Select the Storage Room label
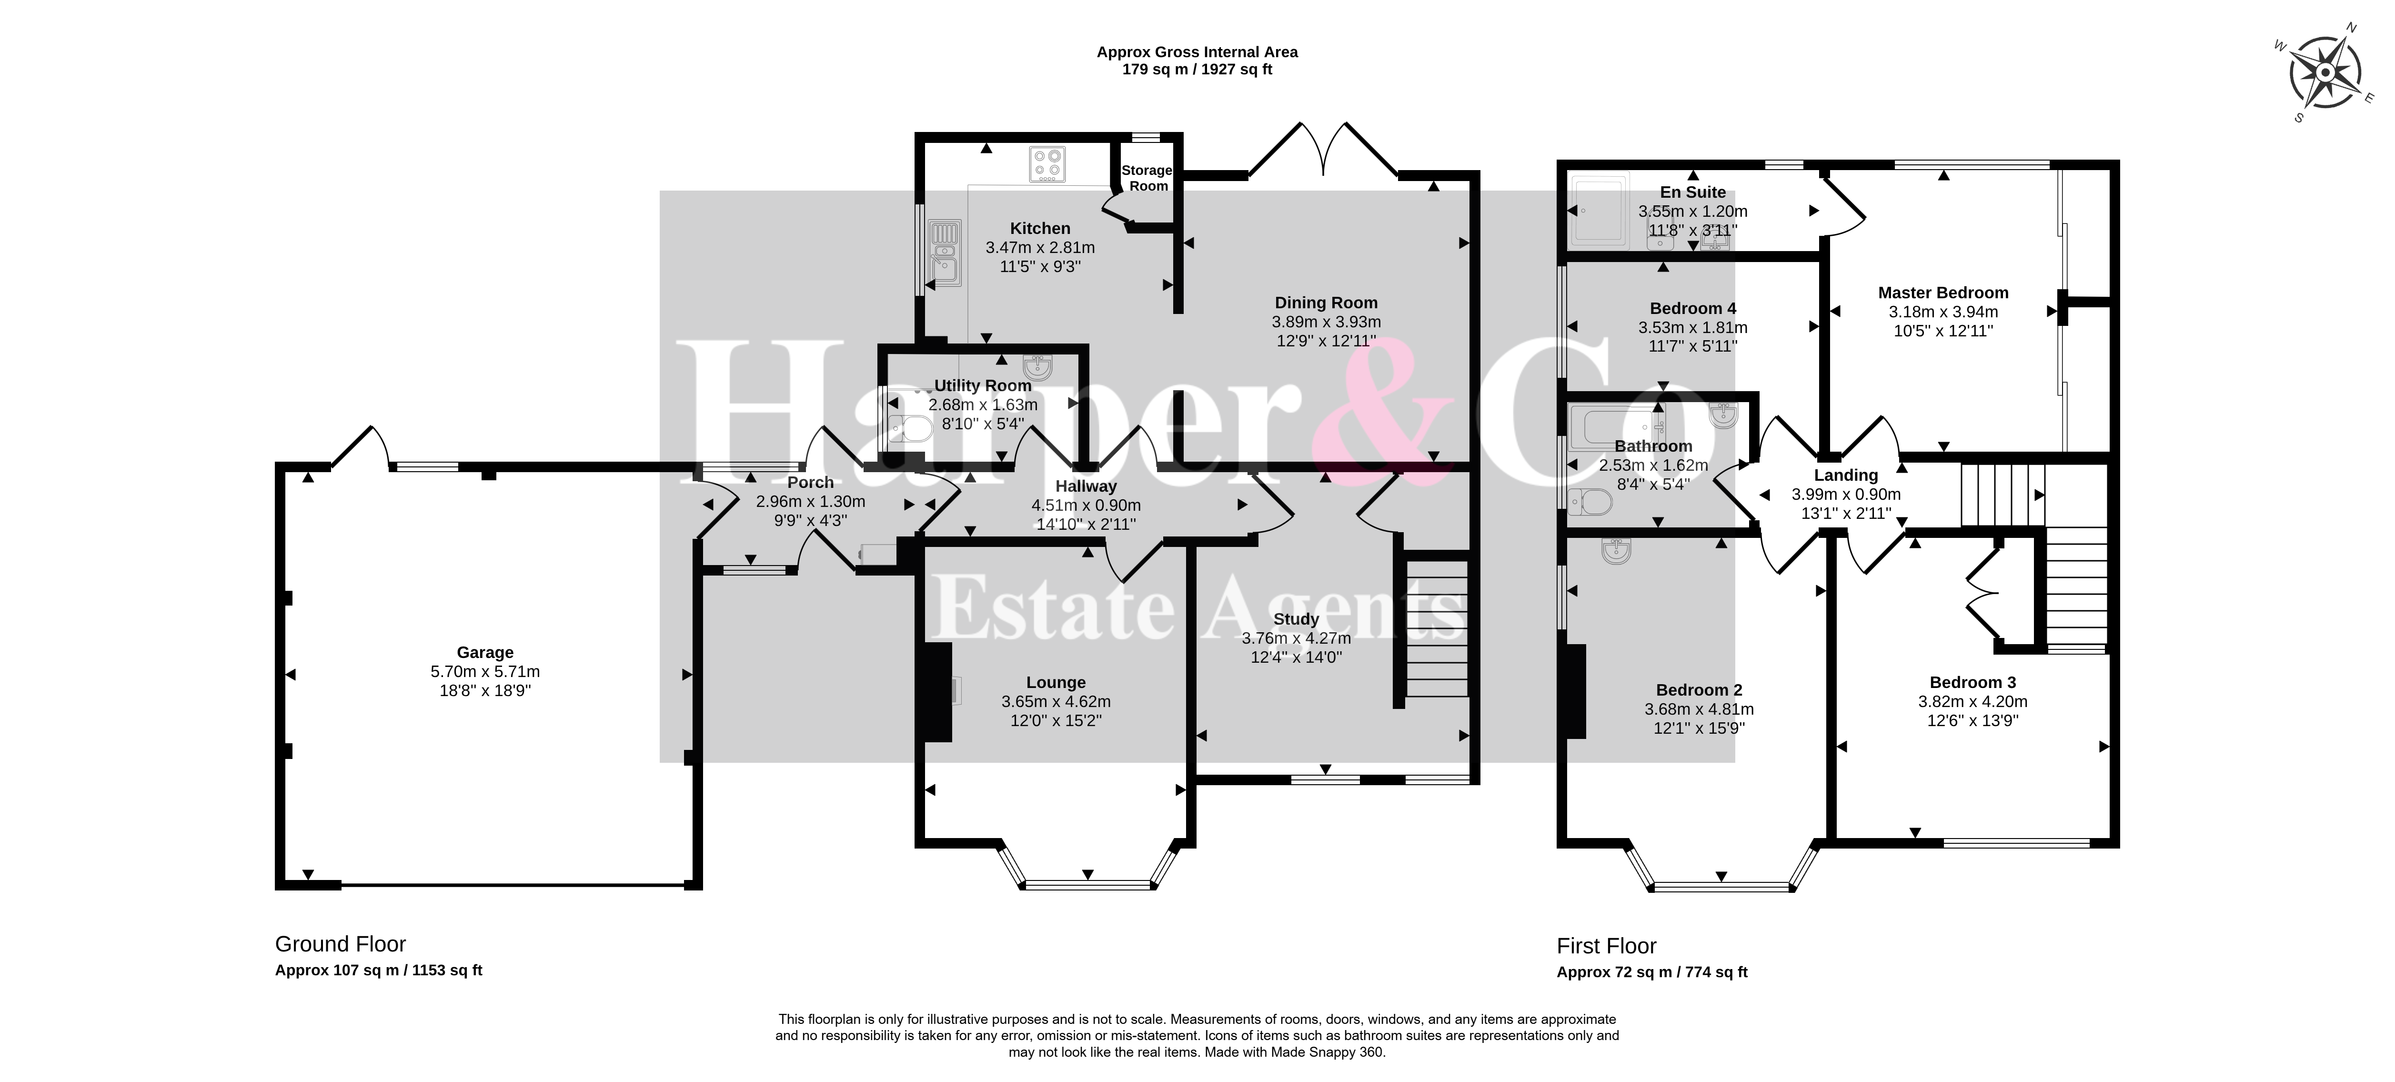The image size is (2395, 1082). [1147, 178]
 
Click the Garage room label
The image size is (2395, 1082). [485, 653]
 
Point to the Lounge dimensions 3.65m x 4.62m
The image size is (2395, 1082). [1056, 702]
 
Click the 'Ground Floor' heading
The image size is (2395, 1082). [340, 944]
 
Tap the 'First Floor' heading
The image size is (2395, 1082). [1607, 946]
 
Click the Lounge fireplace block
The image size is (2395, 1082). [937, 692]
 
